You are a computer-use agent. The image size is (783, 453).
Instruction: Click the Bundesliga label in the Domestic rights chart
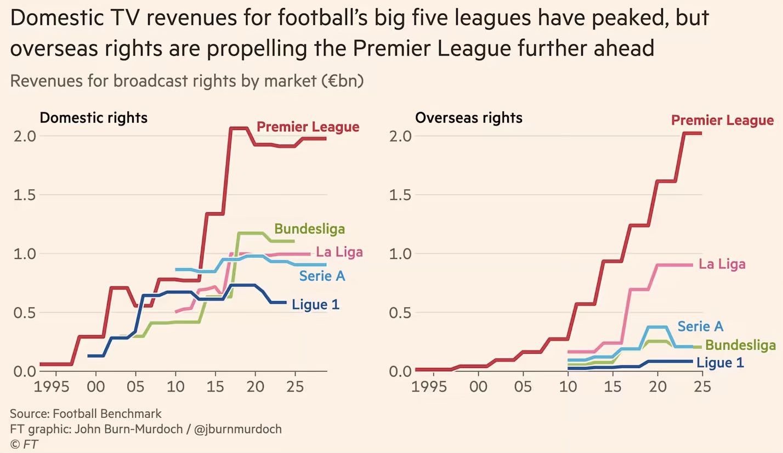(309, 229)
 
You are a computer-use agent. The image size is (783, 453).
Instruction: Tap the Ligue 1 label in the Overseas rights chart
(720, 363)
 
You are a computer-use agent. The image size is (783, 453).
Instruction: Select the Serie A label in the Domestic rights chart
(322, 276)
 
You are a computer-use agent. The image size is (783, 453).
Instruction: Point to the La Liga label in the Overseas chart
(722, 264)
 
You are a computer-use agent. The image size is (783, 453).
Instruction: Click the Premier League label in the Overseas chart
(722, 120)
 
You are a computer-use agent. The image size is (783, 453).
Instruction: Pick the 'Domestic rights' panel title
(93, 118)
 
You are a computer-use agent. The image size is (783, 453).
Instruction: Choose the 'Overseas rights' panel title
(468, 118)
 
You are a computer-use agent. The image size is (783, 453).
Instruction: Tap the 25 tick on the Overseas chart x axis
(702, 387)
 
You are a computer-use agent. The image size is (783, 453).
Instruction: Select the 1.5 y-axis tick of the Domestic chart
(24, 195)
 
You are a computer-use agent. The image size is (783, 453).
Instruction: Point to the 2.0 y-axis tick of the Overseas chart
(400, 136)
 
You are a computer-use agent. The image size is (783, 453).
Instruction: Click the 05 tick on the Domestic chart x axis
(135, 387)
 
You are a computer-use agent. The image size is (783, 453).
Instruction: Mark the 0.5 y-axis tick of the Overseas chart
(400, 313)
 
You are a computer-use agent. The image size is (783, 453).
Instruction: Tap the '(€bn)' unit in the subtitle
(342, 81)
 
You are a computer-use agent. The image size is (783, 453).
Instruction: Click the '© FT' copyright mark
(24, 444)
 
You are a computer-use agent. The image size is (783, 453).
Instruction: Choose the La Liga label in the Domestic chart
(339, 252)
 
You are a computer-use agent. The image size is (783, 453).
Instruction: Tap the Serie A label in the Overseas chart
(700, 326)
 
